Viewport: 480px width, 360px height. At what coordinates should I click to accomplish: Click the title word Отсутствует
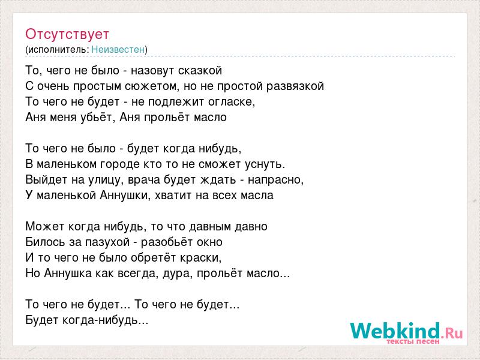click(x=67, y=34)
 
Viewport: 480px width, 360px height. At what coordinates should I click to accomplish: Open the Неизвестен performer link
click(x=118, y=50)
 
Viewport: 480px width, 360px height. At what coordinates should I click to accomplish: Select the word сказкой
click(x=200, y=71)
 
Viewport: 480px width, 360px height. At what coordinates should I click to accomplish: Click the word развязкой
click(x=295, y=86)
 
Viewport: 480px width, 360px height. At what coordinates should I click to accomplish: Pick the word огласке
click(x=232, y=102)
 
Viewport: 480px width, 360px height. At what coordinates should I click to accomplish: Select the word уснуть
click(x=265, y=164)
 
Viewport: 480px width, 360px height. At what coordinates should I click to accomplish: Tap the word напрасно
click(x=275, y=180)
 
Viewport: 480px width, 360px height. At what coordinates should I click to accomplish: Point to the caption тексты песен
click(x=413, y=341)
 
